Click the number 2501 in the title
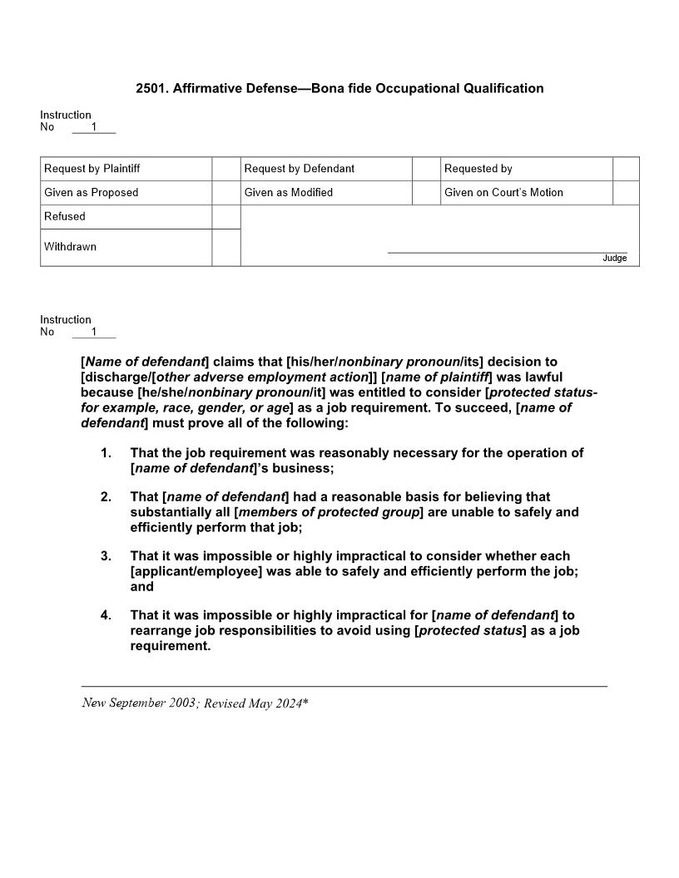[x=151, y=88]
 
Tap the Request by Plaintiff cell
[x=92, y=169]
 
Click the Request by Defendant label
[x=299, y=169]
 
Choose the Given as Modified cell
[x=288, y=193]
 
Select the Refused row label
[x=65, y=216]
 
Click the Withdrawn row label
[x=70, y=247]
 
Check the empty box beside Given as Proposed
[x=226, y=193]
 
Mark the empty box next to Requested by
[x=626, y=169]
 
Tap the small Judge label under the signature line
[x=614, y=259]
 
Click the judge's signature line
[x=507, y=251]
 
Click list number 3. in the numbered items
[x=106, y=556]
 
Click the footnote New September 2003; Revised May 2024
[x=195, y=703]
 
